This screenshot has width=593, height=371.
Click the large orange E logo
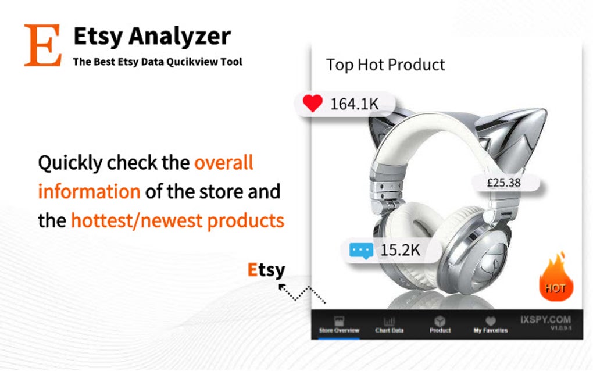[x=42, y=45]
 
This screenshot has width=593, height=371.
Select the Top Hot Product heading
[x=385, y=65]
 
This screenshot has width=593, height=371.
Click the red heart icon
[x=312, y=104]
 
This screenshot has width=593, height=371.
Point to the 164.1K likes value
[x=355, y=104]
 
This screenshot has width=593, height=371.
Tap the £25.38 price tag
[x=503, y=183]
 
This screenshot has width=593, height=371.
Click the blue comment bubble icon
[x=360, y=251]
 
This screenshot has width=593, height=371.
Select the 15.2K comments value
[x=400, y=251]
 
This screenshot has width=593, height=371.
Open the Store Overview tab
[x=339, y=325]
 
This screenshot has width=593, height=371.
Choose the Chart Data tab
[x=390, y=325]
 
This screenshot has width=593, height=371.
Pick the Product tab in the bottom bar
[x=440, y=325]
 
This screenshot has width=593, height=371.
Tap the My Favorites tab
[x=490, y=325]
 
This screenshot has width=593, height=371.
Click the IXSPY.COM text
[x=545, y=320]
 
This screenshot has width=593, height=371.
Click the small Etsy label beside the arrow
[x=266, y=270]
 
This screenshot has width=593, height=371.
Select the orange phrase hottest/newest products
[x=177, y=220]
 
